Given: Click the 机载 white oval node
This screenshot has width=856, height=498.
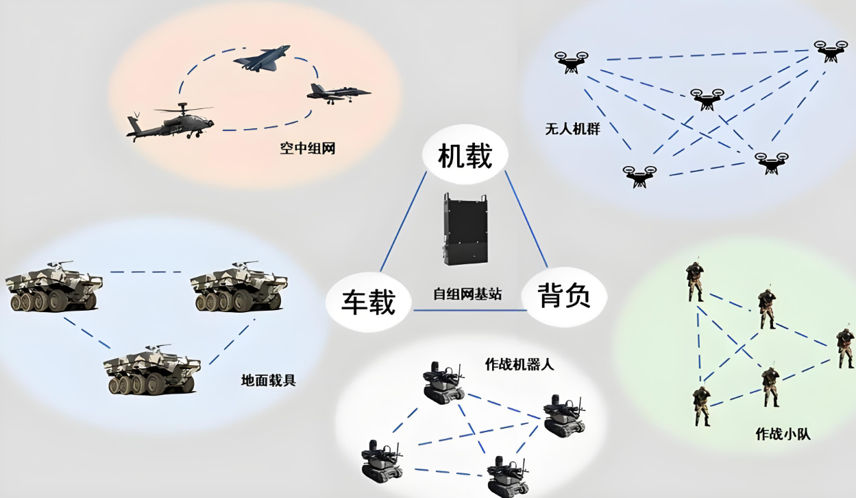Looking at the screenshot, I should point(465,156).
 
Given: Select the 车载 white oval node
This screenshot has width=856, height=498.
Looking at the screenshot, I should point(369,302).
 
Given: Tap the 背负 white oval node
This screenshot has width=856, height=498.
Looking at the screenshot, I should point(564,297).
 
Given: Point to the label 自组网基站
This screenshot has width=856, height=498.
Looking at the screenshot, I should point(467,294).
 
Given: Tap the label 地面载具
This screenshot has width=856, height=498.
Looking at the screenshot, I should point(269,379).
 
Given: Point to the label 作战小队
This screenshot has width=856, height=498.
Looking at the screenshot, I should point(783,434).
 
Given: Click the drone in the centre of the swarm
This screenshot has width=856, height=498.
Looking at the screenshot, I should point(707,99).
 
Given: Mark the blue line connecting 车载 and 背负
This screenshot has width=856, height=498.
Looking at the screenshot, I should point(469,311).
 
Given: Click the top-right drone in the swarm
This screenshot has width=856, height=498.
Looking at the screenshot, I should point(830,51).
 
